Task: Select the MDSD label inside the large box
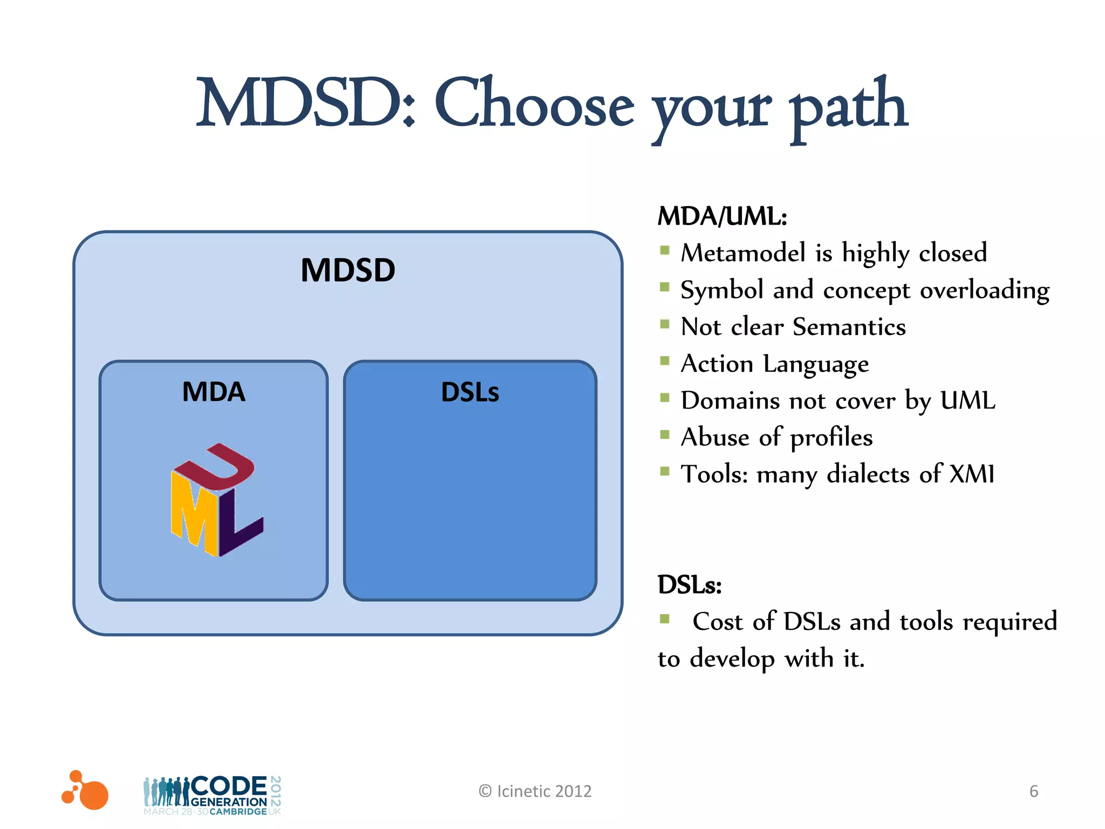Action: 348,270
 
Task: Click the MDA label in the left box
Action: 214,392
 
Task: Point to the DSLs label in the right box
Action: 470,392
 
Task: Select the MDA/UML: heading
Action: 722,216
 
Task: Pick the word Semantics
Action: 849,327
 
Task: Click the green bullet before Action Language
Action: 665,361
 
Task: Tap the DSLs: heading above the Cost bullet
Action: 689,585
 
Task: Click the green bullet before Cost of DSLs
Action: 665,619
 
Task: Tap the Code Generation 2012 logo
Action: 213,795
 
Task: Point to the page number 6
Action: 1033,791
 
